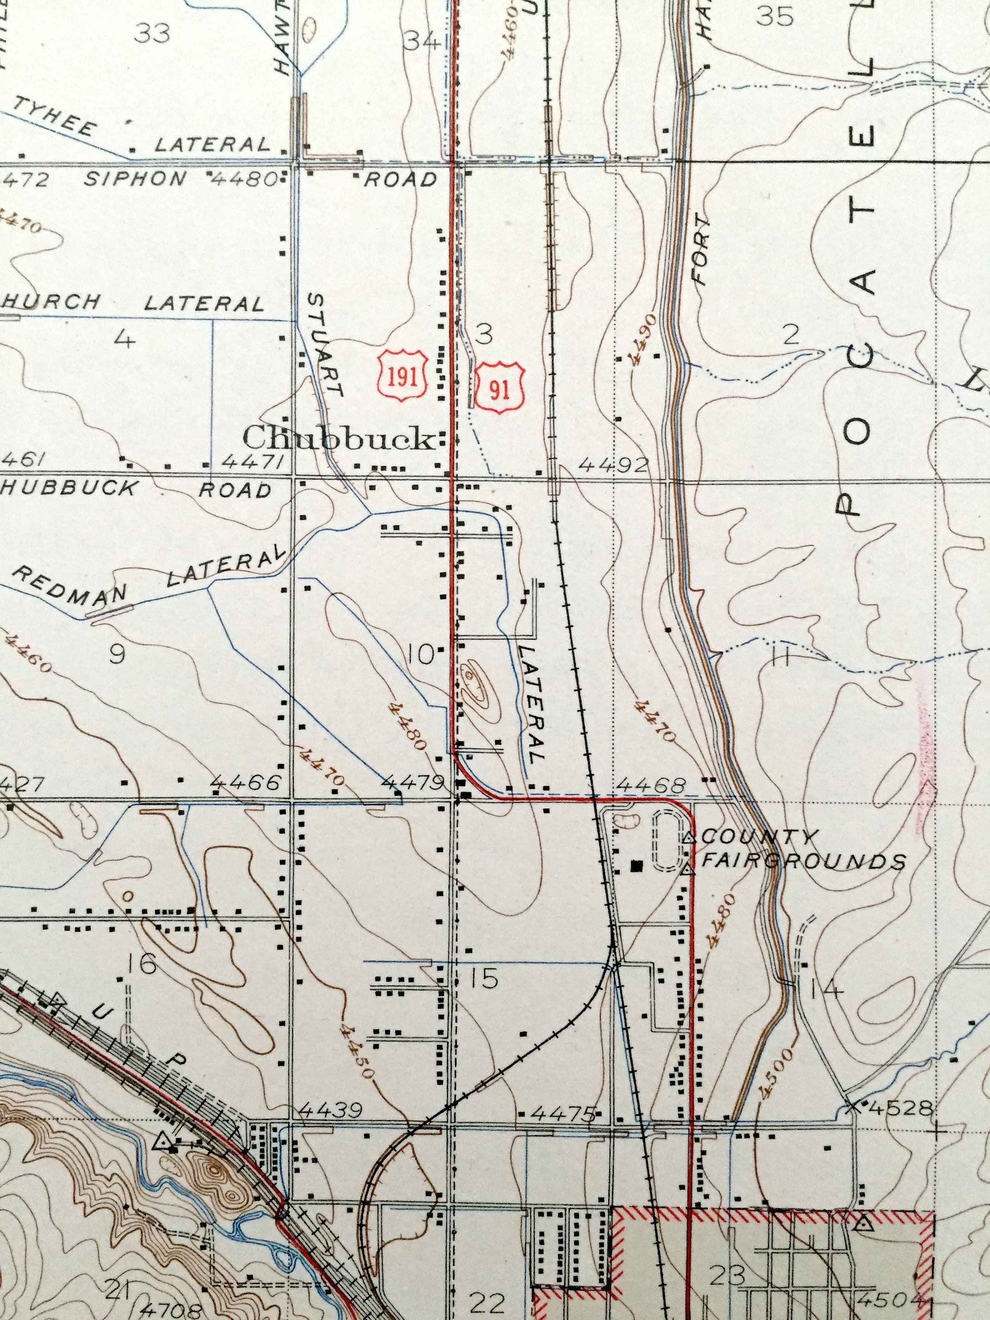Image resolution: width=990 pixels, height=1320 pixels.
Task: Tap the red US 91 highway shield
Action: [x=499, y=389]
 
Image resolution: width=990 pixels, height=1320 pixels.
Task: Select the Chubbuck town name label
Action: [x=338, y=440]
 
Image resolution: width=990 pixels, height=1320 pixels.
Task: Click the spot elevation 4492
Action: [x=613, y=465]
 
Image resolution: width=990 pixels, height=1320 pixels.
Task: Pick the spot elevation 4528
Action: [x=900, y=1109]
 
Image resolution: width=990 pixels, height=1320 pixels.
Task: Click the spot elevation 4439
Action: [x=330, y=1111]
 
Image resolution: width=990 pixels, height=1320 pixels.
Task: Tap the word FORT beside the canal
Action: [x=702, y=251]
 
